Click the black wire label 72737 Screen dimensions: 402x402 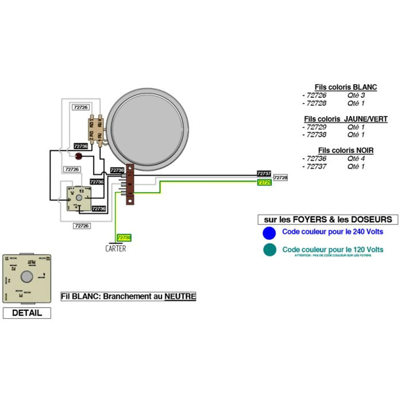[x=264, y=174]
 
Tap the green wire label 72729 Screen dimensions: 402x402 [x=264, y=182]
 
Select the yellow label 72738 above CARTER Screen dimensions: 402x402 [x=124, y=237]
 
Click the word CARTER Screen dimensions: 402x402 [x=115, y=248]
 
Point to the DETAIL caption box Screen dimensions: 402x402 [x=27, y=313]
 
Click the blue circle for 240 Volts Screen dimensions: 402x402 [x=269, y=233]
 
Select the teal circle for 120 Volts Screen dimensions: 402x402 [x=269, y=250]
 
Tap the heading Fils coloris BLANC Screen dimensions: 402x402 [x=345, y=87]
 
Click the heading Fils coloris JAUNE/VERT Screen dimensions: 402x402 [x=345, y=119]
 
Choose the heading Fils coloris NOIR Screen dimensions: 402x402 [x=345, y=150]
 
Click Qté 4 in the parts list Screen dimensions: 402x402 [x=356, y=159]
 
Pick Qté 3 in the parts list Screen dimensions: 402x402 [x=356, y=96]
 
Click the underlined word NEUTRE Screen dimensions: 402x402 [x=180, y=297]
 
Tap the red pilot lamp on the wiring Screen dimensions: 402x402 [x=79, y=156]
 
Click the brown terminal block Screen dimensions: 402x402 [x=130, y=185]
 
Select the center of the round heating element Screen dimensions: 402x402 [x=148, y=127]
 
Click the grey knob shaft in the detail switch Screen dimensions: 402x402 [x=26, y=277]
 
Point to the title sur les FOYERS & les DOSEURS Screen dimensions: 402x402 [x=328, y=220]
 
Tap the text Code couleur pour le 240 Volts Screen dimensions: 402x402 [x=332, y=232]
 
